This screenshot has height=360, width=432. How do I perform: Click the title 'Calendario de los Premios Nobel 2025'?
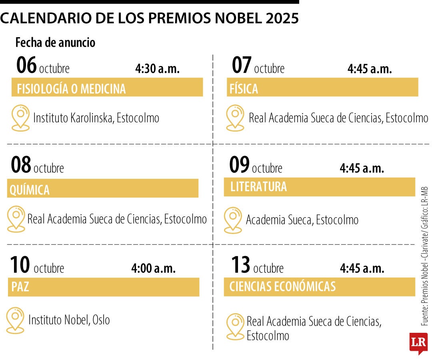pos(149,18)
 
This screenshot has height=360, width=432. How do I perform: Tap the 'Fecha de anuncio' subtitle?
pos(55,42)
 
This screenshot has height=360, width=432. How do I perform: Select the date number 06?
pos(26,66)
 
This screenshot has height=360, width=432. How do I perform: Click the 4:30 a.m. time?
pos(157,68)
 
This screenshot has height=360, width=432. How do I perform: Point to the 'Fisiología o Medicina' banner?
pos(107,88)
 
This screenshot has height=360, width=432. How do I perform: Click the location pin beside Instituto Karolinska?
pos(20,118)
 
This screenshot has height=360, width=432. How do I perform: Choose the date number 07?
pos(242,66)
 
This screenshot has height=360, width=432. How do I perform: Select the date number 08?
pos(21,165)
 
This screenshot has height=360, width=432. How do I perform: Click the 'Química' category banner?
pos(103,189)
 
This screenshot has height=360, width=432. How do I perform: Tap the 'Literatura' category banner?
pos(319,187)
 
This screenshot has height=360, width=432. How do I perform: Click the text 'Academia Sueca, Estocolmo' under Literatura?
pos(302,220)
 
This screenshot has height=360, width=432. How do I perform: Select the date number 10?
pos(20,265)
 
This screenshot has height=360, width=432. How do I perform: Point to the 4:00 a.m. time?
pos(153,268)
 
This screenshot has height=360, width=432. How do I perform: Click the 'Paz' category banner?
pos(104,287)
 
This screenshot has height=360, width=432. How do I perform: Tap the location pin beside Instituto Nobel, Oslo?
pos(16,320)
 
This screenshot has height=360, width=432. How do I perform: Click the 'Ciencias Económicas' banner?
pos(319,287)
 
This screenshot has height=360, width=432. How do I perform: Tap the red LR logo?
pos(418,342)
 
